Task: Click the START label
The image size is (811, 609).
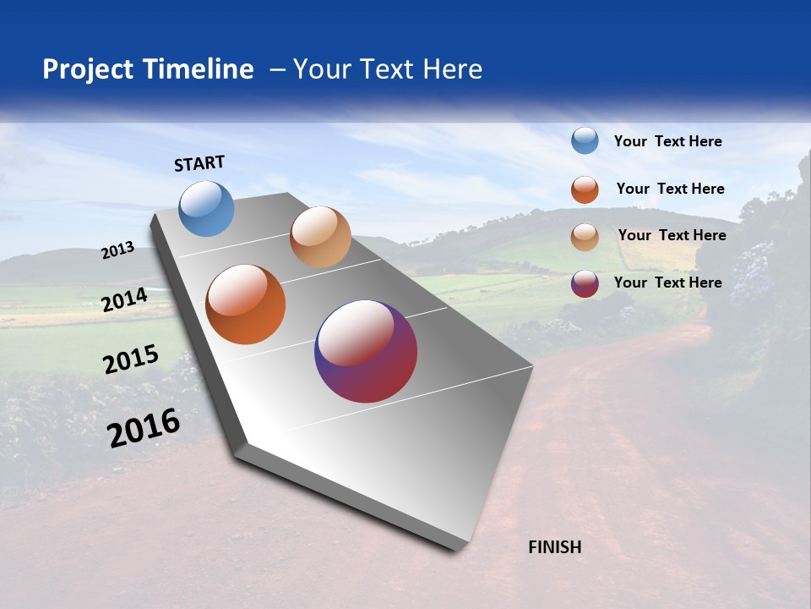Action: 199,163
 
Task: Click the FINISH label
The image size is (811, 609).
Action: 554,547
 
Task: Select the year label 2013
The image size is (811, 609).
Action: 117,250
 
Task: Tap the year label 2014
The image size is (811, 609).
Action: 124,299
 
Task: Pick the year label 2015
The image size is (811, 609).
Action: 130,359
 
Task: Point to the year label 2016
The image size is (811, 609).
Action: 144,427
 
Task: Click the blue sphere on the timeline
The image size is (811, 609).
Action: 206,208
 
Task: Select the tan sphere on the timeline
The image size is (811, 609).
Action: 320,237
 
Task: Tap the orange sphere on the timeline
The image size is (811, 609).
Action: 245,304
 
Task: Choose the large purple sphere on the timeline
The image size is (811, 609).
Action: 366,351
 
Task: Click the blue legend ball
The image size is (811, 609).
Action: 585,141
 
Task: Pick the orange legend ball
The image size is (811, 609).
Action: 585,189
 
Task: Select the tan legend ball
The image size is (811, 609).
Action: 585,237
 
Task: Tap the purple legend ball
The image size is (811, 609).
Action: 585,283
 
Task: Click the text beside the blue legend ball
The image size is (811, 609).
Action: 667,141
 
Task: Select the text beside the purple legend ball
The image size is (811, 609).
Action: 667,283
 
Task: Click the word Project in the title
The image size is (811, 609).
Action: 87,69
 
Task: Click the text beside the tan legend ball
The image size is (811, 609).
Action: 672,235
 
